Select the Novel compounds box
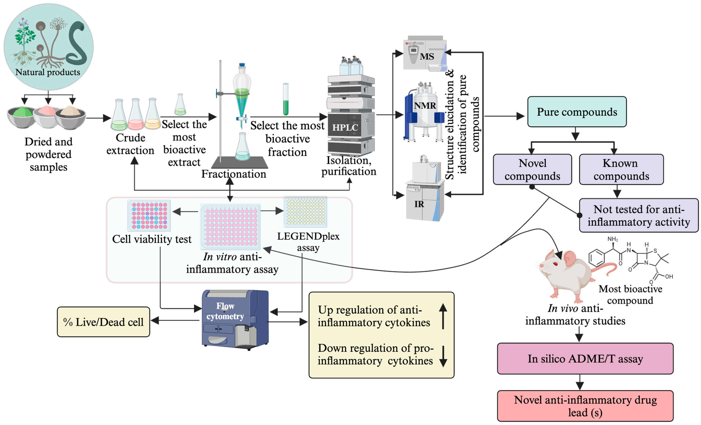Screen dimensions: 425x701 click(532, 170)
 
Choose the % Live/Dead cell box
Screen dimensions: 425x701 click(103, 322)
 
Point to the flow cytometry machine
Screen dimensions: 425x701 click(235, 320)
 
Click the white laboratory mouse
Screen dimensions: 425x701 click(565, 273)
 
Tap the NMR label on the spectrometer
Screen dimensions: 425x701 click(425, 106)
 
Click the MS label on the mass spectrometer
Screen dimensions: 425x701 click(427, 57)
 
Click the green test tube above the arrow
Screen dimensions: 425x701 click(286, 100)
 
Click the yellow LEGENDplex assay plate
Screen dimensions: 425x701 click(305, 212)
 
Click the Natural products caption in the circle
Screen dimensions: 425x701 click(48, 72)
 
